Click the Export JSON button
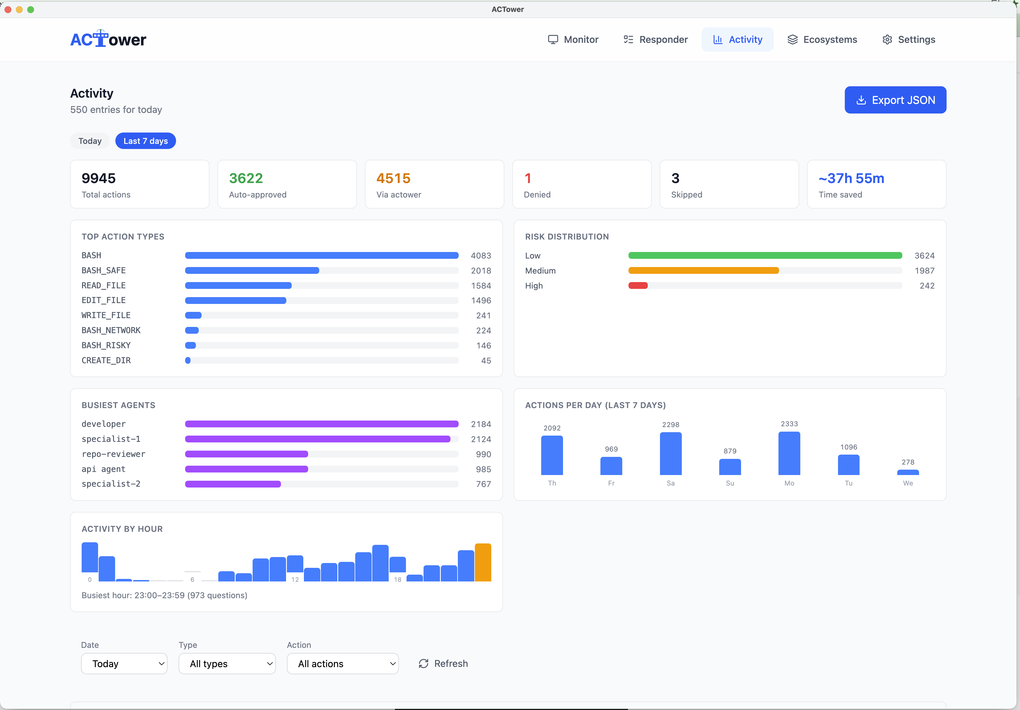[895, 100]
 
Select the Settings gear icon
[887, 39]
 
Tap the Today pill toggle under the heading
[90, 141]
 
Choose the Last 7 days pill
[146, 141]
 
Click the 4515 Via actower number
[393, 178]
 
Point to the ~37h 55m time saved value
[851, 178]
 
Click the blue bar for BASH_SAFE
[252, 270]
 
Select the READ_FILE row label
[103, 285]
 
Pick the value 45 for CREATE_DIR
[486, 361]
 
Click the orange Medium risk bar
[703, 270]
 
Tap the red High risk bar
[638, 285]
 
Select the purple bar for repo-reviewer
[247, 454]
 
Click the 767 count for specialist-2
[483, 484]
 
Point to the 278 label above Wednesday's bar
[908, 462]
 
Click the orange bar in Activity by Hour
[483, 562]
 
